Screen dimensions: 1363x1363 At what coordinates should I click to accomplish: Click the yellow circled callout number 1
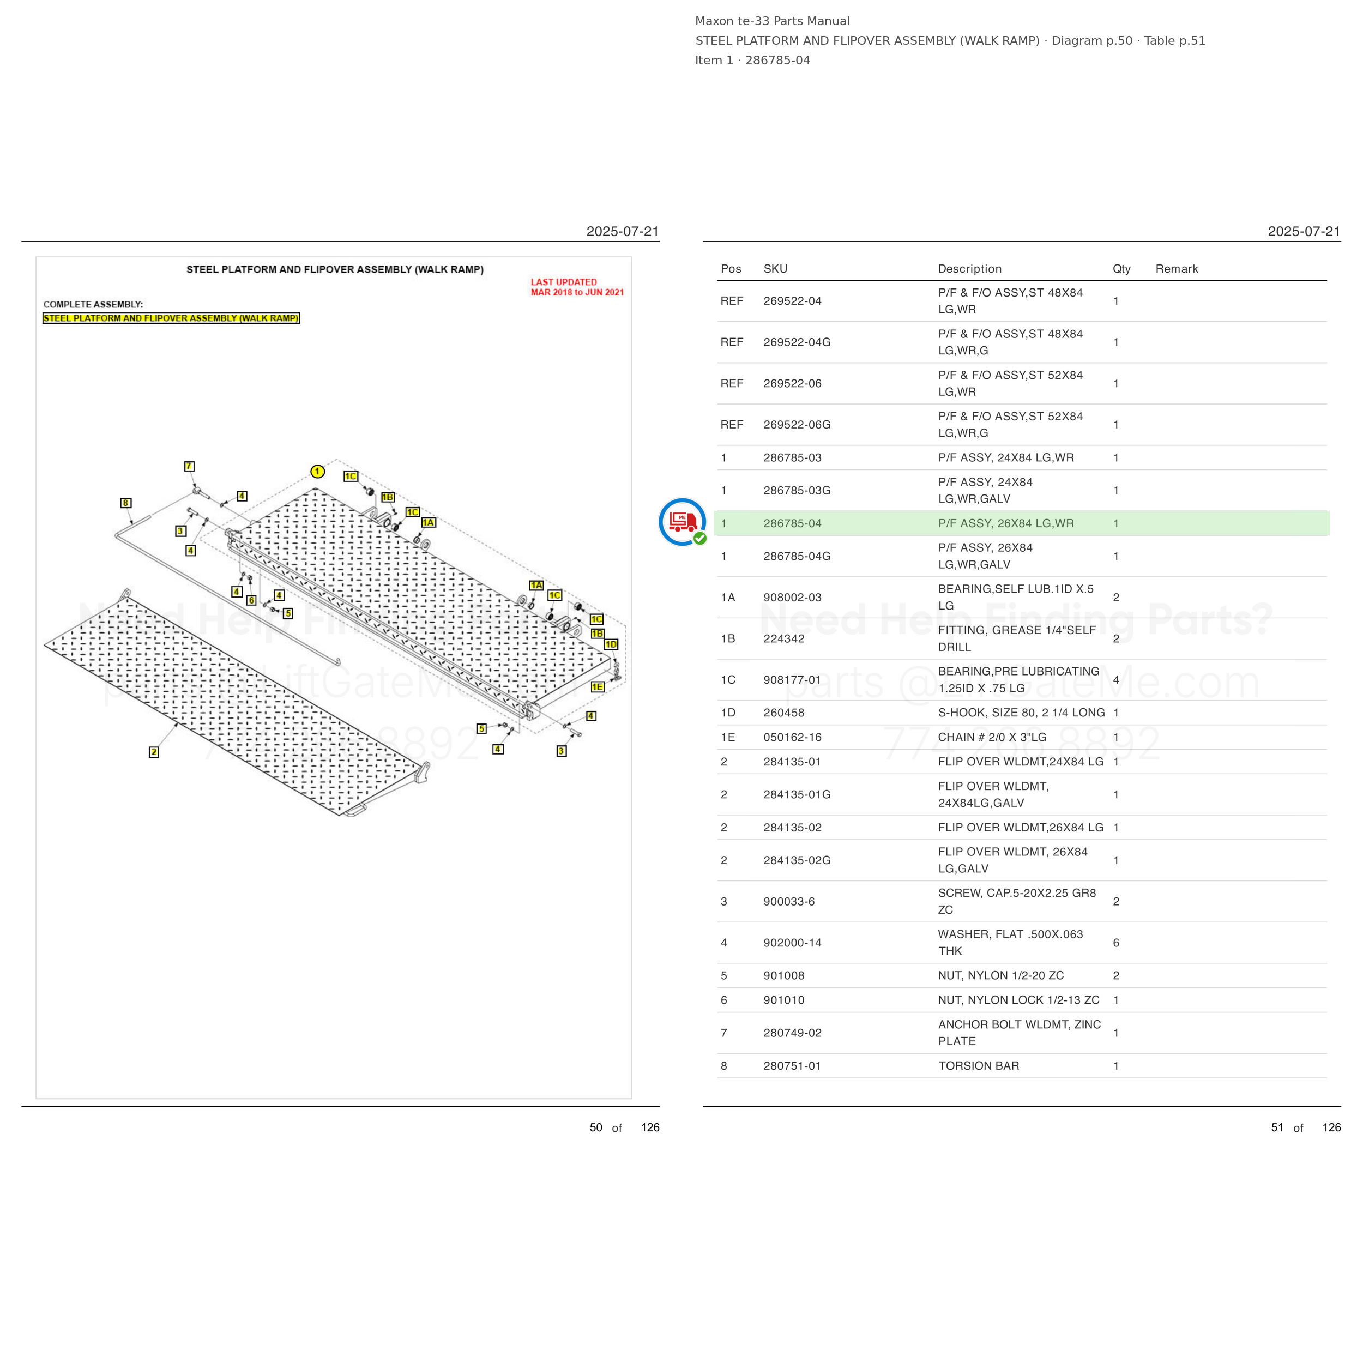tap(317, 471)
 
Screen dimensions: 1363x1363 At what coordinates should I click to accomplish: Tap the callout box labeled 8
tap(125, 503)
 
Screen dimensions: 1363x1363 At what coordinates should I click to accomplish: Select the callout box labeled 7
tap(189, 466)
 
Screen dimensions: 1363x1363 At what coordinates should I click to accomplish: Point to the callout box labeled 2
tap(154, 752)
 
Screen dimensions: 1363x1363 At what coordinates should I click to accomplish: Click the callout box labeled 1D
tap(611, 644)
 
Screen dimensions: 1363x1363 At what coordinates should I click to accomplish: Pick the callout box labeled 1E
tap(598, 686)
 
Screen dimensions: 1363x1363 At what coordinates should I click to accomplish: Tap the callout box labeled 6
tap(251, 600)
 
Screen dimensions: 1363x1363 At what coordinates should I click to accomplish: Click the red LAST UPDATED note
tap(577, 287)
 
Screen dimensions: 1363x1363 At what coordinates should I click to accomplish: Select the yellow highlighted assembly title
tap(171, 318)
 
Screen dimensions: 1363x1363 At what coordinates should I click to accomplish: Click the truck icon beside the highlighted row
tap(682, 522)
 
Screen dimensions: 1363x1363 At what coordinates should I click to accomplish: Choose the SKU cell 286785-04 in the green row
tap(792, 523)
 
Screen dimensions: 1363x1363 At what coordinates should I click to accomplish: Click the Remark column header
tap(1177, 269)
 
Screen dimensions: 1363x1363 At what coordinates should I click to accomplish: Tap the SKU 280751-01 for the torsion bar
tap(792, 1066)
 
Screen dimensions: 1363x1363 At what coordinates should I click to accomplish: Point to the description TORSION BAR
tap(979, 1066)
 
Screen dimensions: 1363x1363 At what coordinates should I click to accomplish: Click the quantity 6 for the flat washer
tap(1116, 943)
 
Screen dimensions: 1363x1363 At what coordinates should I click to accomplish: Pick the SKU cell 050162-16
tap(792, 737)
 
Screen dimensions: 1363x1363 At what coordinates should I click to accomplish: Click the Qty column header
tap(1121, 269)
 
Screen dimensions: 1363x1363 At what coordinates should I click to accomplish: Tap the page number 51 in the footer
tap(1277, 1127)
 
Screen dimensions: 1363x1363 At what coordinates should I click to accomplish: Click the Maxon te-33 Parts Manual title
tap(772, 21)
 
